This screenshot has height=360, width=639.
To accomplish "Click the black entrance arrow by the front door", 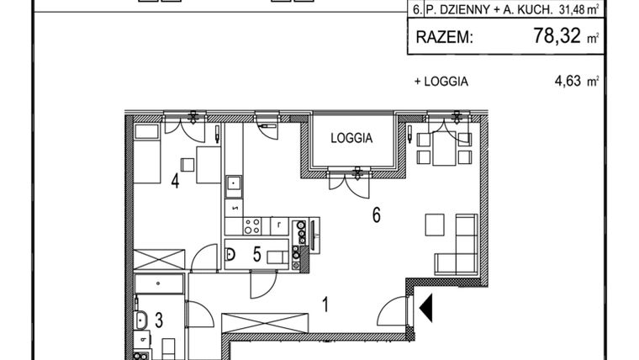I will point(426,308).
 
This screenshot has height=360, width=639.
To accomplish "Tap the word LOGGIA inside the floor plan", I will point(351,139).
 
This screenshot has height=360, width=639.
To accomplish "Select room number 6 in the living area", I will point(377,215).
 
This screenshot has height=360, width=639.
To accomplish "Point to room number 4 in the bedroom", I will point(175,180).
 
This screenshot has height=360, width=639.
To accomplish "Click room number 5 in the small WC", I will point(256,254).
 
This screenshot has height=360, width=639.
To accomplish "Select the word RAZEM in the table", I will point(444,38).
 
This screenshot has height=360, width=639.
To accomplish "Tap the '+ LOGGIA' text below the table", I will point(441,82).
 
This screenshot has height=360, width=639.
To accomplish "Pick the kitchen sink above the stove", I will point(234,183).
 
